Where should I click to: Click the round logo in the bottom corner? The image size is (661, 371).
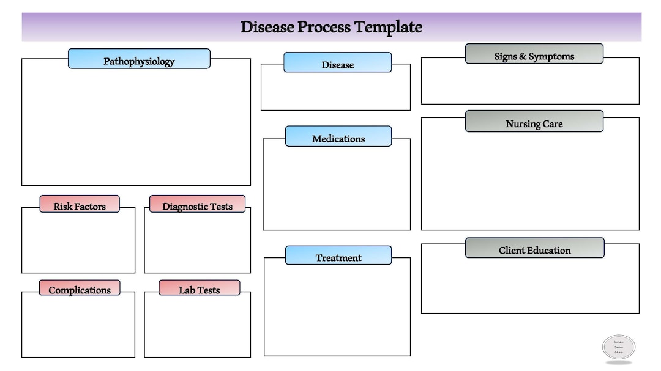[619, 347]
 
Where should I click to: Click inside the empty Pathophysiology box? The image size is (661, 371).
[136, 128]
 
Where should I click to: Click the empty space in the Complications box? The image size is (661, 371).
[78, 327]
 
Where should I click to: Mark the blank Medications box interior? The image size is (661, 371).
[337, 189]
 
